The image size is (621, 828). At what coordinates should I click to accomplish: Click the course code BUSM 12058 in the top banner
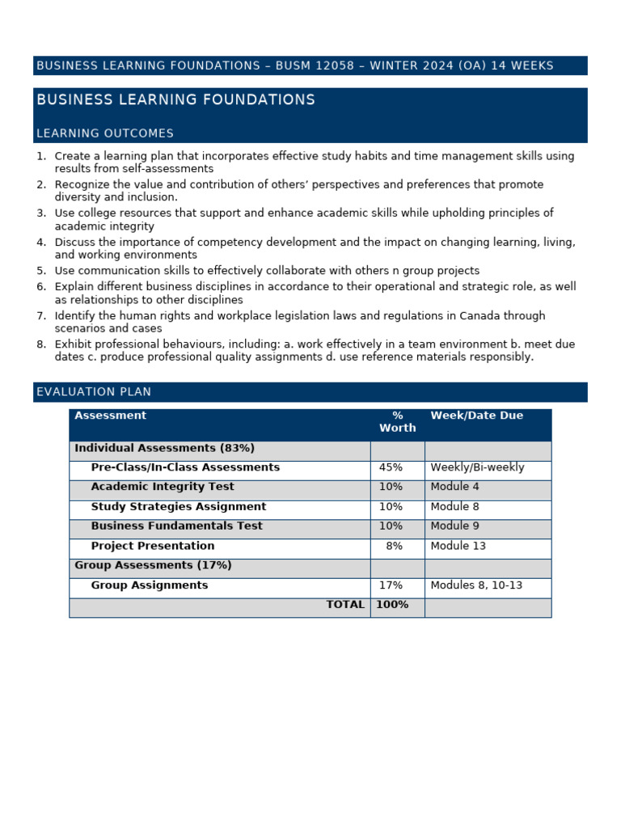[x=315, y=65]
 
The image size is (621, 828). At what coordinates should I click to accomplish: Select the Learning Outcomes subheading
[x=105, y=133]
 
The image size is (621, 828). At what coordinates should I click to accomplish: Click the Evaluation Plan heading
[x=94, y=392]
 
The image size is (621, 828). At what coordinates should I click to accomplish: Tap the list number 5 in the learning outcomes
[x=41, y=271]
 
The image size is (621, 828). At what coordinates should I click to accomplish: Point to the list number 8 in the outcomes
[x=41, y=344]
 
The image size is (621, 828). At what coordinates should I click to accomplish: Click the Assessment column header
[x=110, y=416]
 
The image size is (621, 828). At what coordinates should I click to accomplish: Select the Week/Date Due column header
[x=476, y=416]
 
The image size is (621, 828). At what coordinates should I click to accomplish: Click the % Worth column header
[x=397, y=422]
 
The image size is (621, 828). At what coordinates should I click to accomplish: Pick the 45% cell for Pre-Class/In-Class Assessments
[x=391, y=467]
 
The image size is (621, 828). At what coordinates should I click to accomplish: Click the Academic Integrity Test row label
[x=163, y=487]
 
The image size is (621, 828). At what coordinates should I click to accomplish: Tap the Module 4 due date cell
[x=454, y=487]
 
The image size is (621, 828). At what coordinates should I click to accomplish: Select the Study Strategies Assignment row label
[x=178, y=507]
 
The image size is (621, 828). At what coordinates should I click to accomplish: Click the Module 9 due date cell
[x=454, y=526]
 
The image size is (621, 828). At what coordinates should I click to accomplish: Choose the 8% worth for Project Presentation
[x=394, y=546]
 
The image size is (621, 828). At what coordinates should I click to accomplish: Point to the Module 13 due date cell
[x=458, y=546]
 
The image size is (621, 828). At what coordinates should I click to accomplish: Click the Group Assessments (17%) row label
[x=153, y=565]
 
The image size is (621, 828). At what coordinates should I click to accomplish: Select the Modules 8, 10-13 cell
[x=476, y=585]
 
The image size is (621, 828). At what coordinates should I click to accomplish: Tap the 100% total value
[x=392, y=605]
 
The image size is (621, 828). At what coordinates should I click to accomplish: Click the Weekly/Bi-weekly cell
[x=477, y=467]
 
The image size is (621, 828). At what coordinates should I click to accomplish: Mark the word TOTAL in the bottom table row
[x=345, y=605]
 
